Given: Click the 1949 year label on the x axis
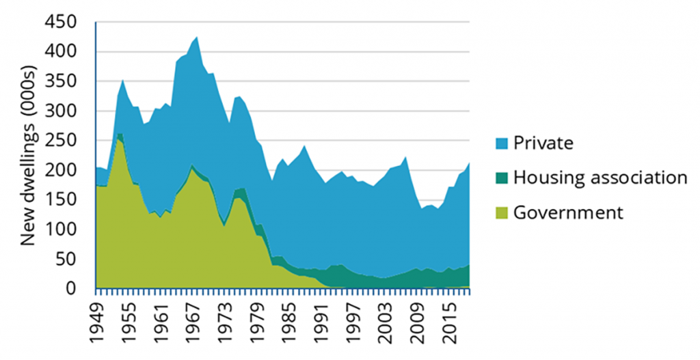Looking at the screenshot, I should (x=102, y=322).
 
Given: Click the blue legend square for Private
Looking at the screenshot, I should (x=500, y=143).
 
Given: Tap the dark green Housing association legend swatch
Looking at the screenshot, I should (x=500, y=178).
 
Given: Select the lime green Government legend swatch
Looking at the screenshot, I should (x=500, y=212).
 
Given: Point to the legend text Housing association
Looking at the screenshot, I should (x=600, y=178).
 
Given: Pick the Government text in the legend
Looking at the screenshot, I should (x=568, y=212).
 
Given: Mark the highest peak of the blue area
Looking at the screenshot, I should (x=197, y=37).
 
